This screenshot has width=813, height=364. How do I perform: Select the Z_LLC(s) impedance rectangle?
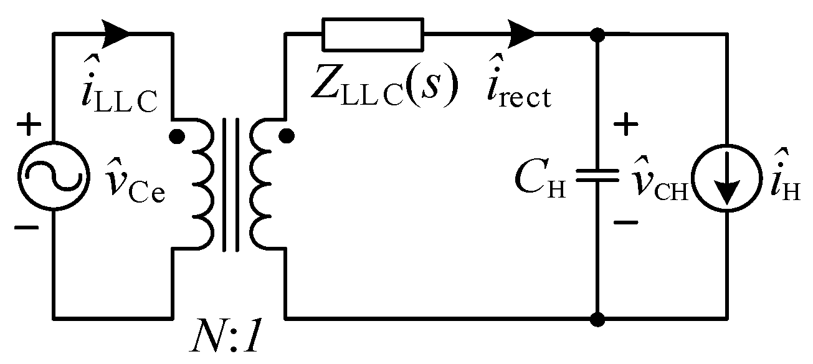(x=373, y=34)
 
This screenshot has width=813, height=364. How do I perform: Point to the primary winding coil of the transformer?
(x=202, y=185)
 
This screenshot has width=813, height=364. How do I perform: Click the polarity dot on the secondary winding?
(x=285, y=134)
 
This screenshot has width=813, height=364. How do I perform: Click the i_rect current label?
(x=518, y=89)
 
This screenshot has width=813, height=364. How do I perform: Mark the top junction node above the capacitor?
(x=597, y=34)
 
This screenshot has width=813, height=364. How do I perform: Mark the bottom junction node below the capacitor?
(x=597, y=319)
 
